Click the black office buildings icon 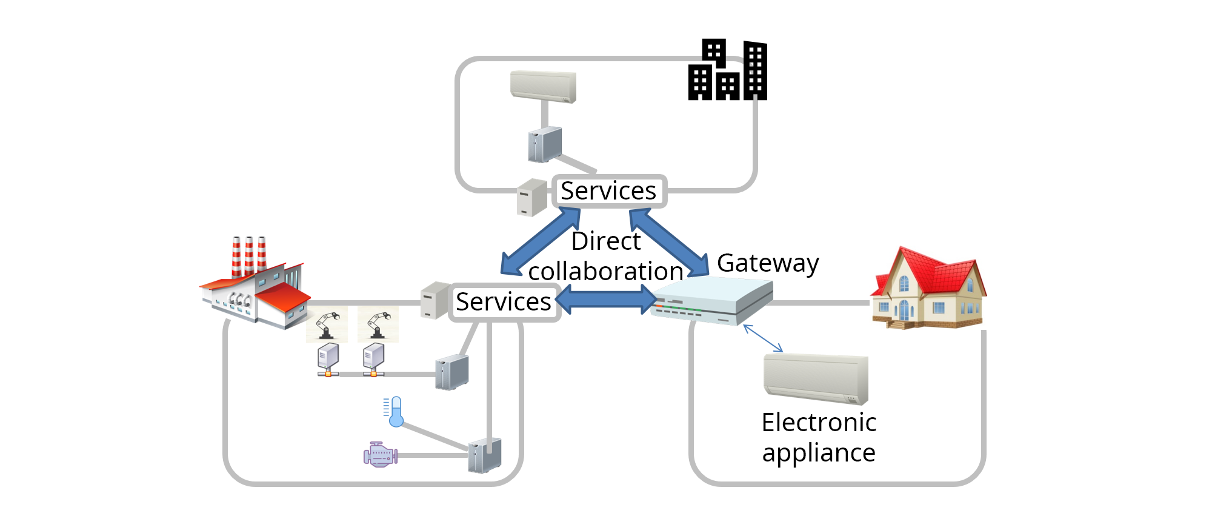[727, 71]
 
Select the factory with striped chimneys [255, 285]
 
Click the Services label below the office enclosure [608, 191]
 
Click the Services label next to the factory [504, 302]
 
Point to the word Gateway [768, 263]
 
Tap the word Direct [605, 241]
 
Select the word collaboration [605, 272]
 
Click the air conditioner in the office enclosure [543, 87]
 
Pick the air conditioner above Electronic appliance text [816, 380]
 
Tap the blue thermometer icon [395, 412]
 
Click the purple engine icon [380, 455]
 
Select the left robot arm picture [327, 325]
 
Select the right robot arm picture [378, 325]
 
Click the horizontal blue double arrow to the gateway [606, 300]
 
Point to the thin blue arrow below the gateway [763, 338]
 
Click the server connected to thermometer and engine [484, 455]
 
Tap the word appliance [818, 453]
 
